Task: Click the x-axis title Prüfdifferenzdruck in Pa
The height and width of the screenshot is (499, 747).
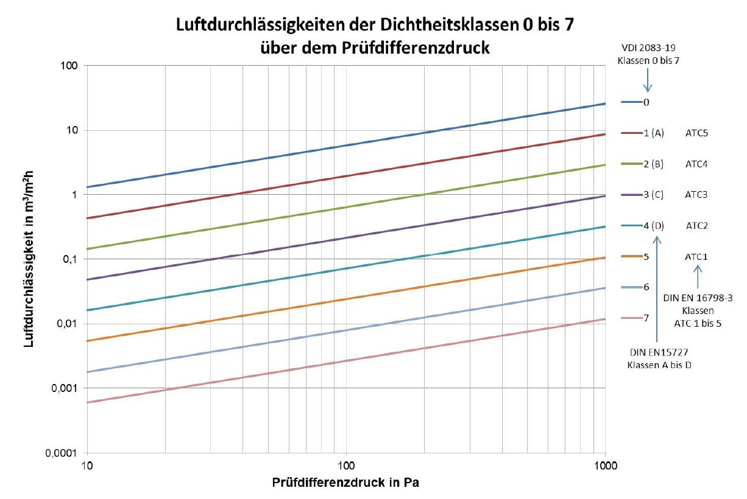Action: point(345,483)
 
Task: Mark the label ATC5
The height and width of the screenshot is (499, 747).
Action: point(696,133)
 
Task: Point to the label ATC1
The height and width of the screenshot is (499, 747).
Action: point(696,257)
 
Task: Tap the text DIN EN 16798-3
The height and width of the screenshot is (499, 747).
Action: point(698,298)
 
